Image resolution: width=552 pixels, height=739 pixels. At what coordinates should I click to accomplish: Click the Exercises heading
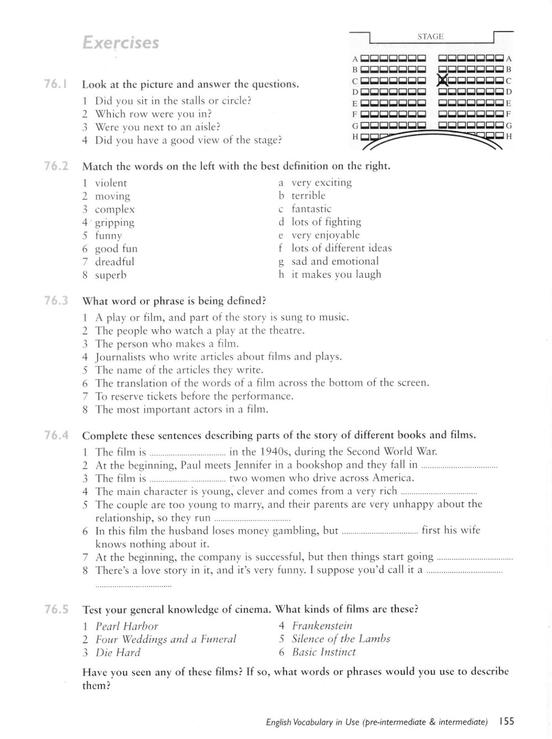(x=120, y=43)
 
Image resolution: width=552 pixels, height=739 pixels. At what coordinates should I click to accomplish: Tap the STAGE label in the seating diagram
(x=431, y=36)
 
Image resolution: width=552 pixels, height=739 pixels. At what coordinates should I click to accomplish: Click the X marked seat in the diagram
(x=442, y=80)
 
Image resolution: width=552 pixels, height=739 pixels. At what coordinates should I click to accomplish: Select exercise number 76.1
(x=56, y=85)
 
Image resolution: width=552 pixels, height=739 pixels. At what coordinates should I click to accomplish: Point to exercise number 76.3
(x=56, y=301)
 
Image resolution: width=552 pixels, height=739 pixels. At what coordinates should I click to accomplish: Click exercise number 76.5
(x=56, y=610)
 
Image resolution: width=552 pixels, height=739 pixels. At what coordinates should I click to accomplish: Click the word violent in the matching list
(x=110, y=183)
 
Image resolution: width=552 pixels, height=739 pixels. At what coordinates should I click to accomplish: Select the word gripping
(x=114, y=223)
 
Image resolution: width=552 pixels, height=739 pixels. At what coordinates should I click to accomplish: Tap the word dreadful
(x=114, y=262)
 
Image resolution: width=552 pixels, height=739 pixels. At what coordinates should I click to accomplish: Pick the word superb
(x=110, y=275)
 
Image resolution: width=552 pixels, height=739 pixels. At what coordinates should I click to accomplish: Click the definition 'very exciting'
(x=321, y=182)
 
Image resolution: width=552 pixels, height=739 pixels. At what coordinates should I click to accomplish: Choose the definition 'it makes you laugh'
(x=336, y=275)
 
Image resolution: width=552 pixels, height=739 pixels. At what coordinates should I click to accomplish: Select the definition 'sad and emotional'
(x=335, y=261)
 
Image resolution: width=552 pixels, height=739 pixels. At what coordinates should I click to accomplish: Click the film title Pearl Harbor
(x=126, y=626)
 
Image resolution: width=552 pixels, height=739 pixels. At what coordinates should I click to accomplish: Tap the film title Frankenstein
(x=322, y=626)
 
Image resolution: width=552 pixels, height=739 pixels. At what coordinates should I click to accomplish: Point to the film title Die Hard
(x=118, y=652)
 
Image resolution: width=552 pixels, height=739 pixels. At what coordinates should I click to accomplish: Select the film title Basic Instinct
(x=324, y=652)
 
